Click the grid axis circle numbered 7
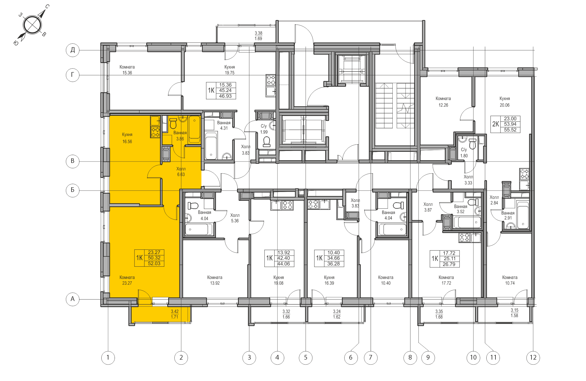point(371,358)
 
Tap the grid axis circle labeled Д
point(72,50)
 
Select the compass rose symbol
point(32,25)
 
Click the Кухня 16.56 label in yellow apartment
point(127,138)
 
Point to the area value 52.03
point(154,263)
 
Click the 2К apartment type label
point(495,124)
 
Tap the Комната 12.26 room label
point(443,102)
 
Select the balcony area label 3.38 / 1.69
point(258,36)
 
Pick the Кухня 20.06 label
point(505,102)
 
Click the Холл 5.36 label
point(235,218)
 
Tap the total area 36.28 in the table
point(333,264)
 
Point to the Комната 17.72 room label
point(446,280)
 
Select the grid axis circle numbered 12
point(533,358)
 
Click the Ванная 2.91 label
point(508,215)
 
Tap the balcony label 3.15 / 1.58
point(515,313)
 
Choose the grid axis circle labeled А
point(72,299)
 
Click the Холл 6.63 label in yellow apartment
point(181,171)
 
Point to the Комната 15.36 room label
point(127,70)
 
